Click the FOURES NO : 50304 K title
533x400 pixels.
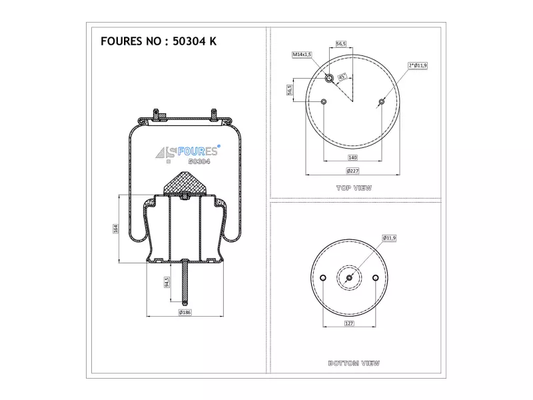point(159,41)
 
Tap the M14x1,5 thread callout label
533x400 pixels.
point(302,55)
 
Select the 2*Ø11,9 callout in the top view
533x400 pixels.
point(418,65)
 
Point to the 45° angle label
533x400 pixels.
point(342,77)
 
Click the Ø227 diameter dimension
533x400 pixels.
point(352,171)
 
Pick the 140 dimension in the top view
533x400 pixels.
point(352,157)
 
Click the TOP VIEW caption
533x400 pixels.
point(354,188)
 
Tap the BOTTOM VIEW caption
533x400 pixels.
point(354,363)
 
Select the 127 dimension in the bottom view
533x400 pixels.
point(349,323)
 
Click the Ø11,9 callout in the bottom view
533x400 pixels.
point(389,238)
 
